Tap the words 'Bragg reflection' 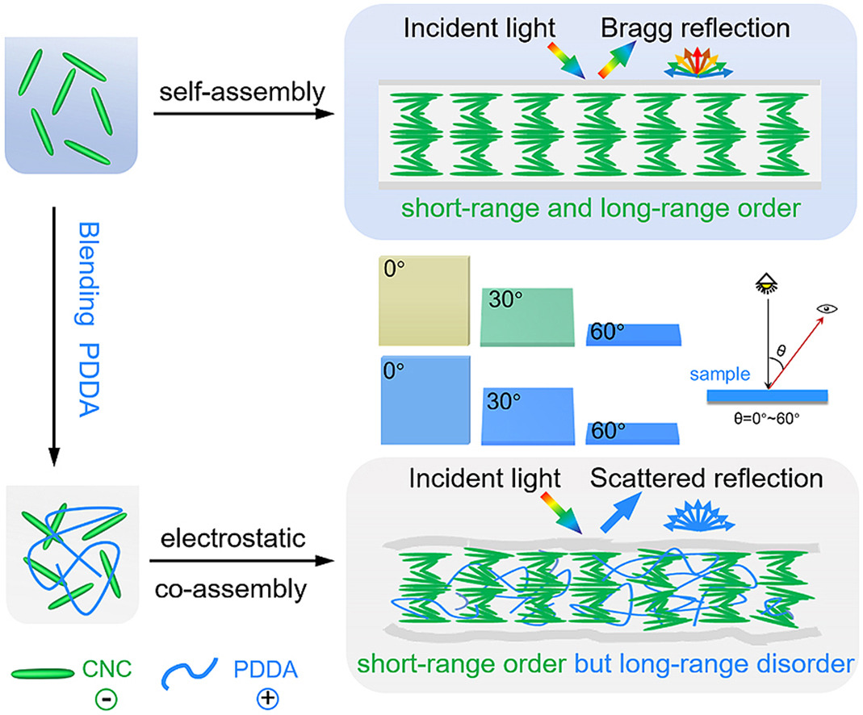(693, 28)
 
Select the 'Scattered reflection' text (706, 478)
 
